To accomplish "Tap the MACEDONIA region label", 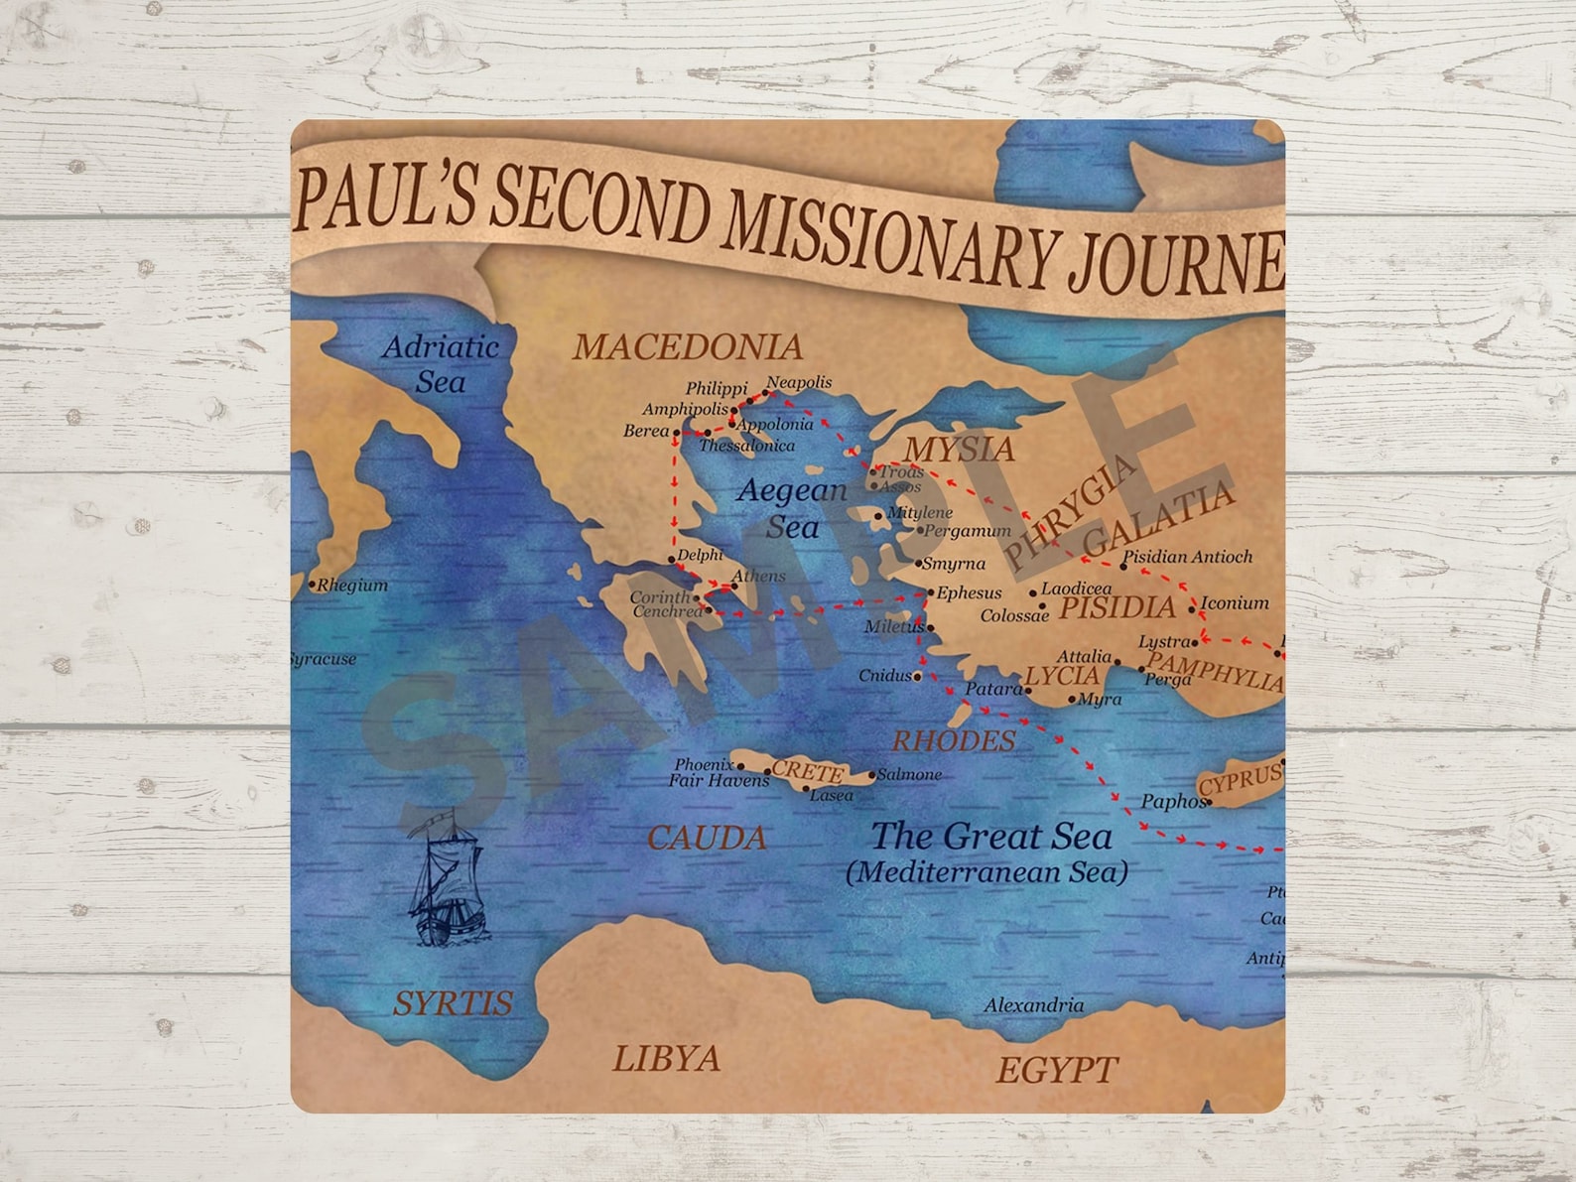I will click(688, 347).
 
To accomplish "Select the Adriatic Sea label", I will click(441, 363).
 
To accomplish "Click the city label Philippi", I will click(716, 389).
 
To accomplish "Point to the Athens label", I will click(758, 576).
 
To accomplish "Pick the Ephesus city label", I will click(969, 592).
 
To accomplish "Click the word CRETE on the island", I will click(807, 771).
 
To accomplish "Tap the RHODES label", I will click(954, 740).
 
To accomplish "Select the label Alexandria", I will click(1033, 1005).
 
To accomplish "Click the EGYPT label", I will click(1056, 1070).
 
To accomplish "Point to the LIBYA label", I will click(666, 1059).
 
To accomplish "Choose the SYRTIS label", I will click(453, 1003).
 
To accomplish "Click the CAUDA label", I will click(707, 839).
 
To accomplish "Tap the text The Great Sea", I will click(990, 837).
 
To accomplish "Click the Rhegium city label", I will click(351, 586).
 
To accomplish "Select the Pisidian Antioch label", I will click(1187, 557).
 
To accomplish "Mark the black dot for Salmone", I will click(872, 775).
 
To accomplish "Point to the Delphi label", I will click(700, 555).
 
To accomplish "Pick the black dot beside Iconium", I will click(1192, 608).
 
